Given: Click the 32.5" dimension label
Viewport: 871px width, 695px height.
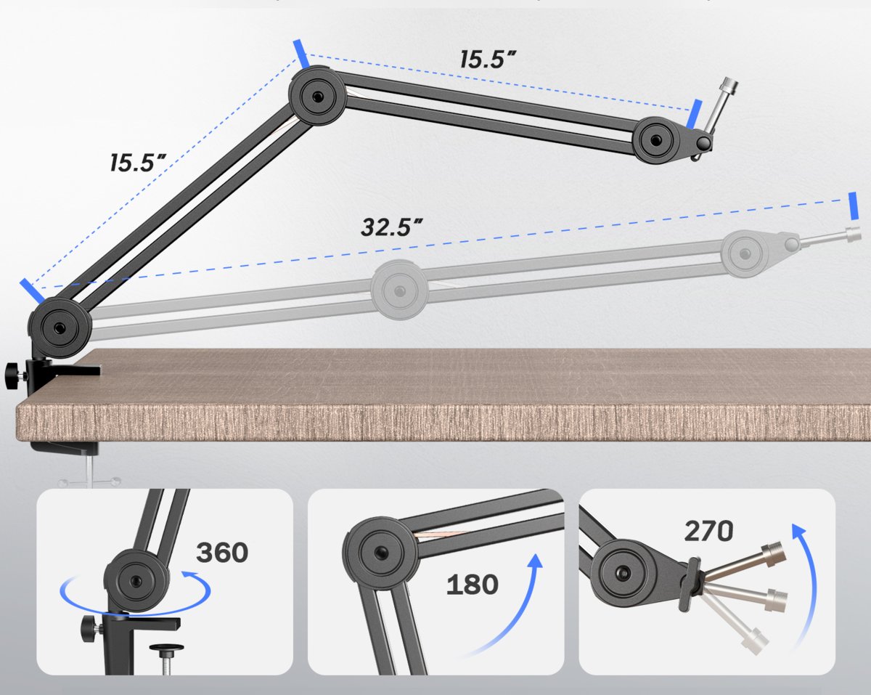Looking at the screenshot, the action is [x=392, y=227].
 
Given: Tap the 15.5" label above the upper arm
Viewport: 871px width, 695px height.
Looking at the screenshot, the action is [x=488, y=59].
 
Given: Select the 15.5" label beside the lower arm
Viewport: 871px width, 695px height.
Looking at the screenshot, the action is [x=138, y=163].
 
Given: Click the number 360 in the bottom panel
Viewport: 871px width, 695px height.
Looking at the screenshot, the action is [x=222, y=552].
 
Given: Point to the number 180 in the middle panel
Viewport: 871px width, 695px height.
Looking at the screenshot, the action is [x=473, y=585].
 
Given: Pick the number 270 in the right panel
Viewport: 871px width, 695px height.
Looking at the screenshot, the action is [x=708, y=531].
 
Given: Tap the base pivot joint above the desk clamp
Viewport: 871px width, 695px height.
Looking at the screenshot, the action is [x=60, y=328].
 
